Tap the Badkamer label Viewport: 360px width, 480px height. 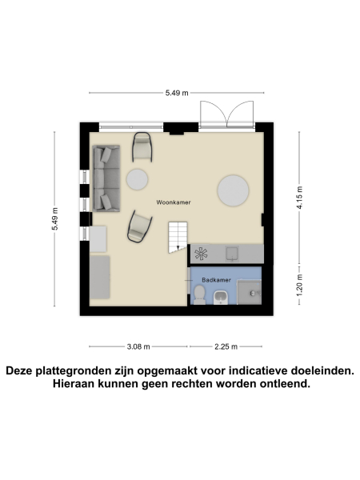[x=217, y=280]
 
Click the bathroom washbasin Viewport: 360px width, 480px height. [x=222, y=298]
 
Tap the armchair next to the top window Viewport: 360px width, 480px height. [x=142, y=146]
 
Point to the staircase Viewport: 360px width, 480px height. [x=177, y=238]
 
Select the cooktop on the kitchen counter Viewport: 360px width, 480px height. [x=201, y=254]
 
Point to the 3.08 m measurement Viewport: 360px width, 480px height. [x=138, y=346]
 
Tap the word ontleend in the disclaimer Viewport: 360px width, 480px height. [x=280, y=384]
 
